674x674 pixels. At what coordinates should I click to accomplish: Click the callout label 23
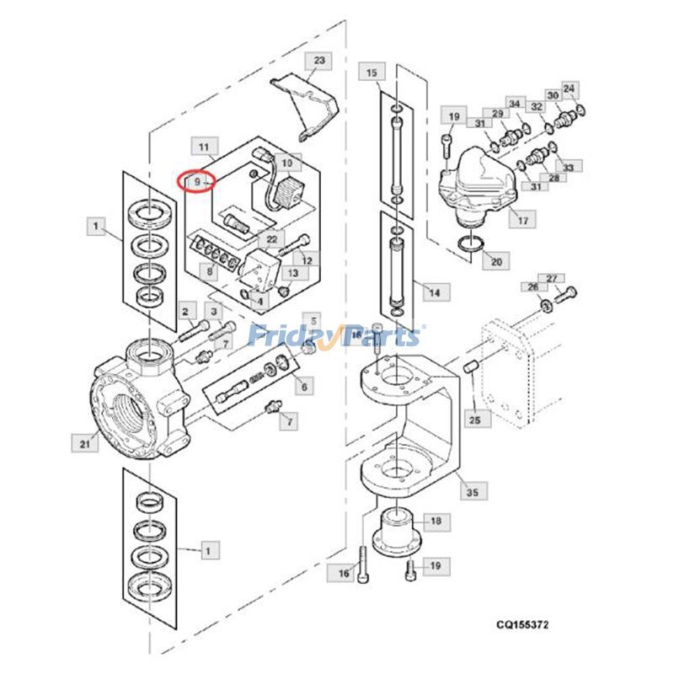tap(318, 61)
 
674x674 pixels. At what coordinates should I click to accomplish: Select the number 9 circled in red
tap(196, 180)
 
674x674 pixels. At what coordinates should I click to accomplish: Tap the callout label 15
tap(372, 73)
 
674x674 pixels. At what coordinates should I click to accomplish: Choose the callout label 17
tap(522, 221)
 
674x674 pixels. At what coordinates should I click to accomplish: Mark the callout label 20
tap(495, 262)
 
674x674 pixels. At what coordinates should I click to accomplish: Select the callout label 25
tap(476, 418)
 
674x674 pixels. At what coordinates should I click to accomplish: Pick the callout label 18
tap(435, 522)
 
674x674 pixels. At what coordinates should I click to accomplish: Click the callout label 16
tap(343, 573)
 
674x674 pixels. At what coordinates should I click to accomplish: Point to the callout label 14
tap(434, 292)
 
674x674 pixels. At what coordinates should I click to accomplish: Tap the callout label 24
tap(570, 88)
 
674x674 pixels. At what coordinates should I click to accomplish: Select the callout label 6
tap(303, 386)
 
